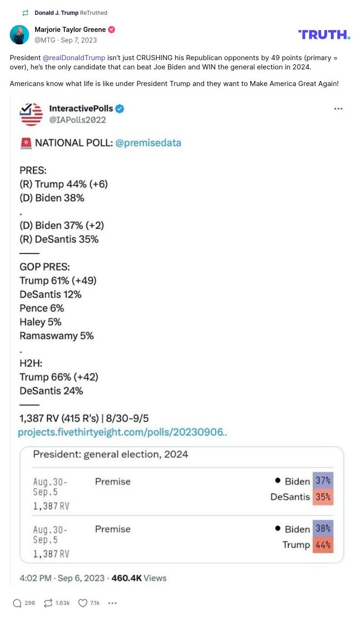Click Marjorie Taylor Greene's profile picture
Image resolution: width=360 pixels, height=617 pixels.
point(19,35)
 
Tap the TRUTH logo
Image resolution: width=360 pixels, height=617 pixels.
point(324,34)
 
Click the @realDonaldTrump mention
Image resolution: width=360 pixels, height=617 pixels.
point(74,58)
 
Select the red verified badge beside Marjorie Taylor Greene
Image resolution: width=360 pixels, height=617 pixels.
point(112,30)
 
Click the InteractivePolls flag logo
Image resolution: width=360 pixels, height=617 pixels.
point(31,114)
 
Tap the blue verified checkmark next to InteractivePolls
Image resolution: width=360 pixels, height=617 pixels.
point(119,109)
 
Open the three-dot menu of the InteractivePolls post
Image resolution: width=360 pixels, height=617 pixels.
point(338,109)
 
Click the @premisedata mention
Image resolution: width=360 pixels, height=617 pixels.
point(148,143)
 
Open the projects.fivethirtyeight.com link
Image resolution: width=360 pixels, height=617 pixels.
point(122,432)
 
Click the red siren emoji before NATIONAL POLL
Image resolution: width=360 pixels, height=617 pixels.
point(26,143)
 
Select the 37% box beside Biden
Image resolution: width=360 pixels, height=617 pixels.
point(323,481)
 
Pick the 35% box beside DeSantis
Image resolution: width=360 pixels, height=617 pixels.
point(323,497)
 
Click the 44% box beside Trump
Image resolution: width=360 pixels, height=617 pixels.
point(323,545)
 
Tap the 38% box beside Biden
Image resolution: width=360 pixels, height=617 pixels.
point(323,528)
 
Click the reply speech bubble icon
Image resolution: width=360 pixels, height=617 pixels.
point(17,603)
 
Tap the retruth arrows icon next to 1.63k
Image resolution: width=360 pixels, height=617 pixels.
point(48,603)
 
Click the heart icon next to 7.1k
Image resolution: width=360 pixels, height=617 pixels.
point(82,603)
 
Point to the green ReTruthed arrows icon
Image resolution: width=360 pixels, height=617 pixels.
point(25,13)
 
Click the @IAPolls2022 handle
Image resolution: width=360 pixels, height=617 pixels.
point(78,120)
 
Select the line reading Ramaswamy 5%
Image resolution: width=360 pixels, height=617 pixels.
point(56,335)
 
